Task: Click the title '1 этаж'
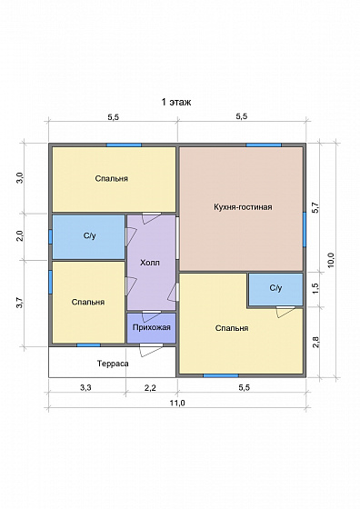coord(176,102)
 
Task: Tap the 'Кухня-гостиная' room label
coord(243,207)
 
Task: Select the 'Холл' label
coord(150,263)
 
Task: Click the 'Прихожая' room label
coord(151,327)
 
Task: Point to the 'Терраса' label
coord(113,364)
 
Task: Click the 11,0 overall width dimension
coord(177,404)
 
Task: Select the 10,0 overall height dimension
coord(331,260)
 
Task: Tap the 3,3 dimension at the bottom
coord(85,387)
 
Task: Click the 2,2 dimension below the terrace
coord(150,387)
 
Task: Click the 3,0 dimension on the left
coord(20,178)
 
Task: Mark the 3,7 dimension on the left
coord(20,303)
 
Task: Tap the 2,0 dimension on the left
coord(20,235)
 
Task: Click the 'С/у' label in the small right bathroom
coord(276,288)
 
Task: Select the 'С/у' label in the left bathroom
coord(90,236)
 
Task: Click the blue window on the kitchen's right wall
coord(305,229)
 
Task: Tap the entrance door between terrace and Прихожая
coord(151,350)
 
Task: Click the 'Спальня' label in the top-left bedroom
coord(112,178)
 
